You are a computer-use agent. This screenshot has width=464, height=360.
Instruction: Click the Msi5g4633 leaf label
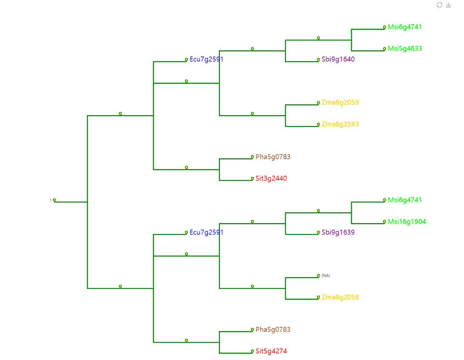click(405, 49)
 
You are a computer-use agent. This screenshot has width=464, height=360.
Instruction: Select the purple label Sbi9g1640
click(338, 59)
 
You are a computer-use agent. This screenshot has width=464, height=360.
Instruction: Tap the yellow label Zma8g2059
click(340, 102)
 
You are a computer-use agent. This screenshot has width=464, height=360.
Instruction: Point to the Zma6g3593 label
click(340, 124)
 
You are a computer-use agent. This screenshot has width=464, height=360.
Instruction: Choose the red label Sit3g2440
click(271, 178)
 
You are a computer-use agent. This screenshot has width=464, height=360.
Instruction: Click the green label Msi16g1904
click(407, 222)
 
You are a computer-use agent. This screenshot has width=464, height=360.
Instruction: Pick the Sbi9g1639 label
click(338, 232)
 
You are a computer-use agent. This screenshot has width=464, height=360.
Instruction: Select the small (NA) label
click(326, 276)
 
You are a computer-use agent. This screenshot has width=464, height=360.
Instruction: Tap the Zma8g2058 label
click(340, 297)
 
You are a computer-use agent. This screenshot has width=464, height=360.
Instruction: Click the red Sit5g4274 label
click(271, 351)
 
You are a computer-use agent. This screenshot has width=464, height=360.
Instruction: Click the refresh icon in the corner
click(439, 5)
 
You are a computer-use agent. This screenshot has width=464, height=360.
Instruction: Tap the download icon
click(448, 5)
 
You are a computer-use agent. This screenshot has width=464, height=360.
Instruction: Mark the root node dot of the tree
click(54, 200)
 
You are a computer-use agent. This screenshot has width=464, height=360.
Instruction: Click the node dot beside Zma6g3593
click(318, 124)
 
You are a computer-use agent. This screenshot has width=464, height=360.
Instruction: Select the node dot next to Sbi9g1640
click(318, 59)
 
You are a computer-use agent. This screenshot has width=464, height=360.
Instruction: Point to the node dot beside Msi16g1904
click(385, 222)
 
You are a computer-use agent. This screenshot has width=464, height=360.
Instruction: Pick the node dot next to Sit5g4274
click(252, 351)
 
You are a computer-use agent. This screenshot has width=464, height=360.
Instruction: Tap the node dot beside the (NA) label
click(318, 275)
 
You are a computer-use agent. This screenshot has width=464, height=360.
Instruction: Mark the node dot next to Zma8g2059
click(318, 103)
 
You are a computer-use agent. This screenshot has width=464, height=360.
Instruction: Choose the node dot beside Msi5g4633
click(385, 49)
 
